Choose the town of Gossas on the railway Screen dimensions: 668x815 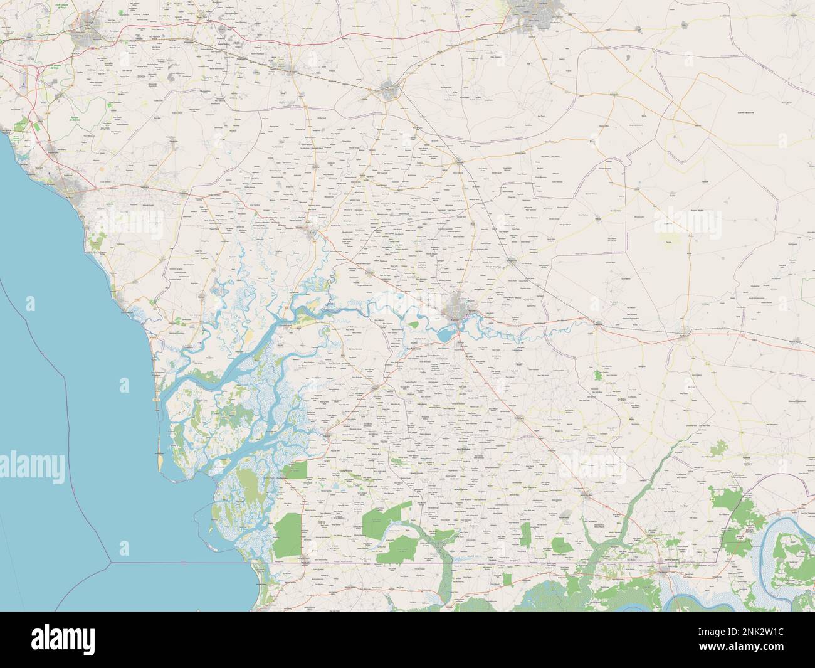click(x=460, y=161)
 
